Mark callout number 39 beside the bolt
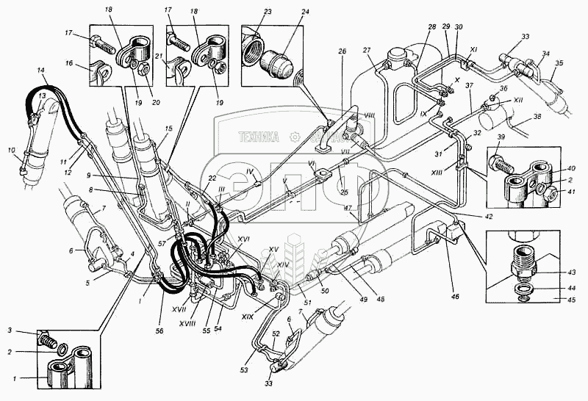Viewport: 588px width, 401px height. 500,138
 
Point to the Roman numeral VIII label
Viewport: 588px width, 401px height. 369,115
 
